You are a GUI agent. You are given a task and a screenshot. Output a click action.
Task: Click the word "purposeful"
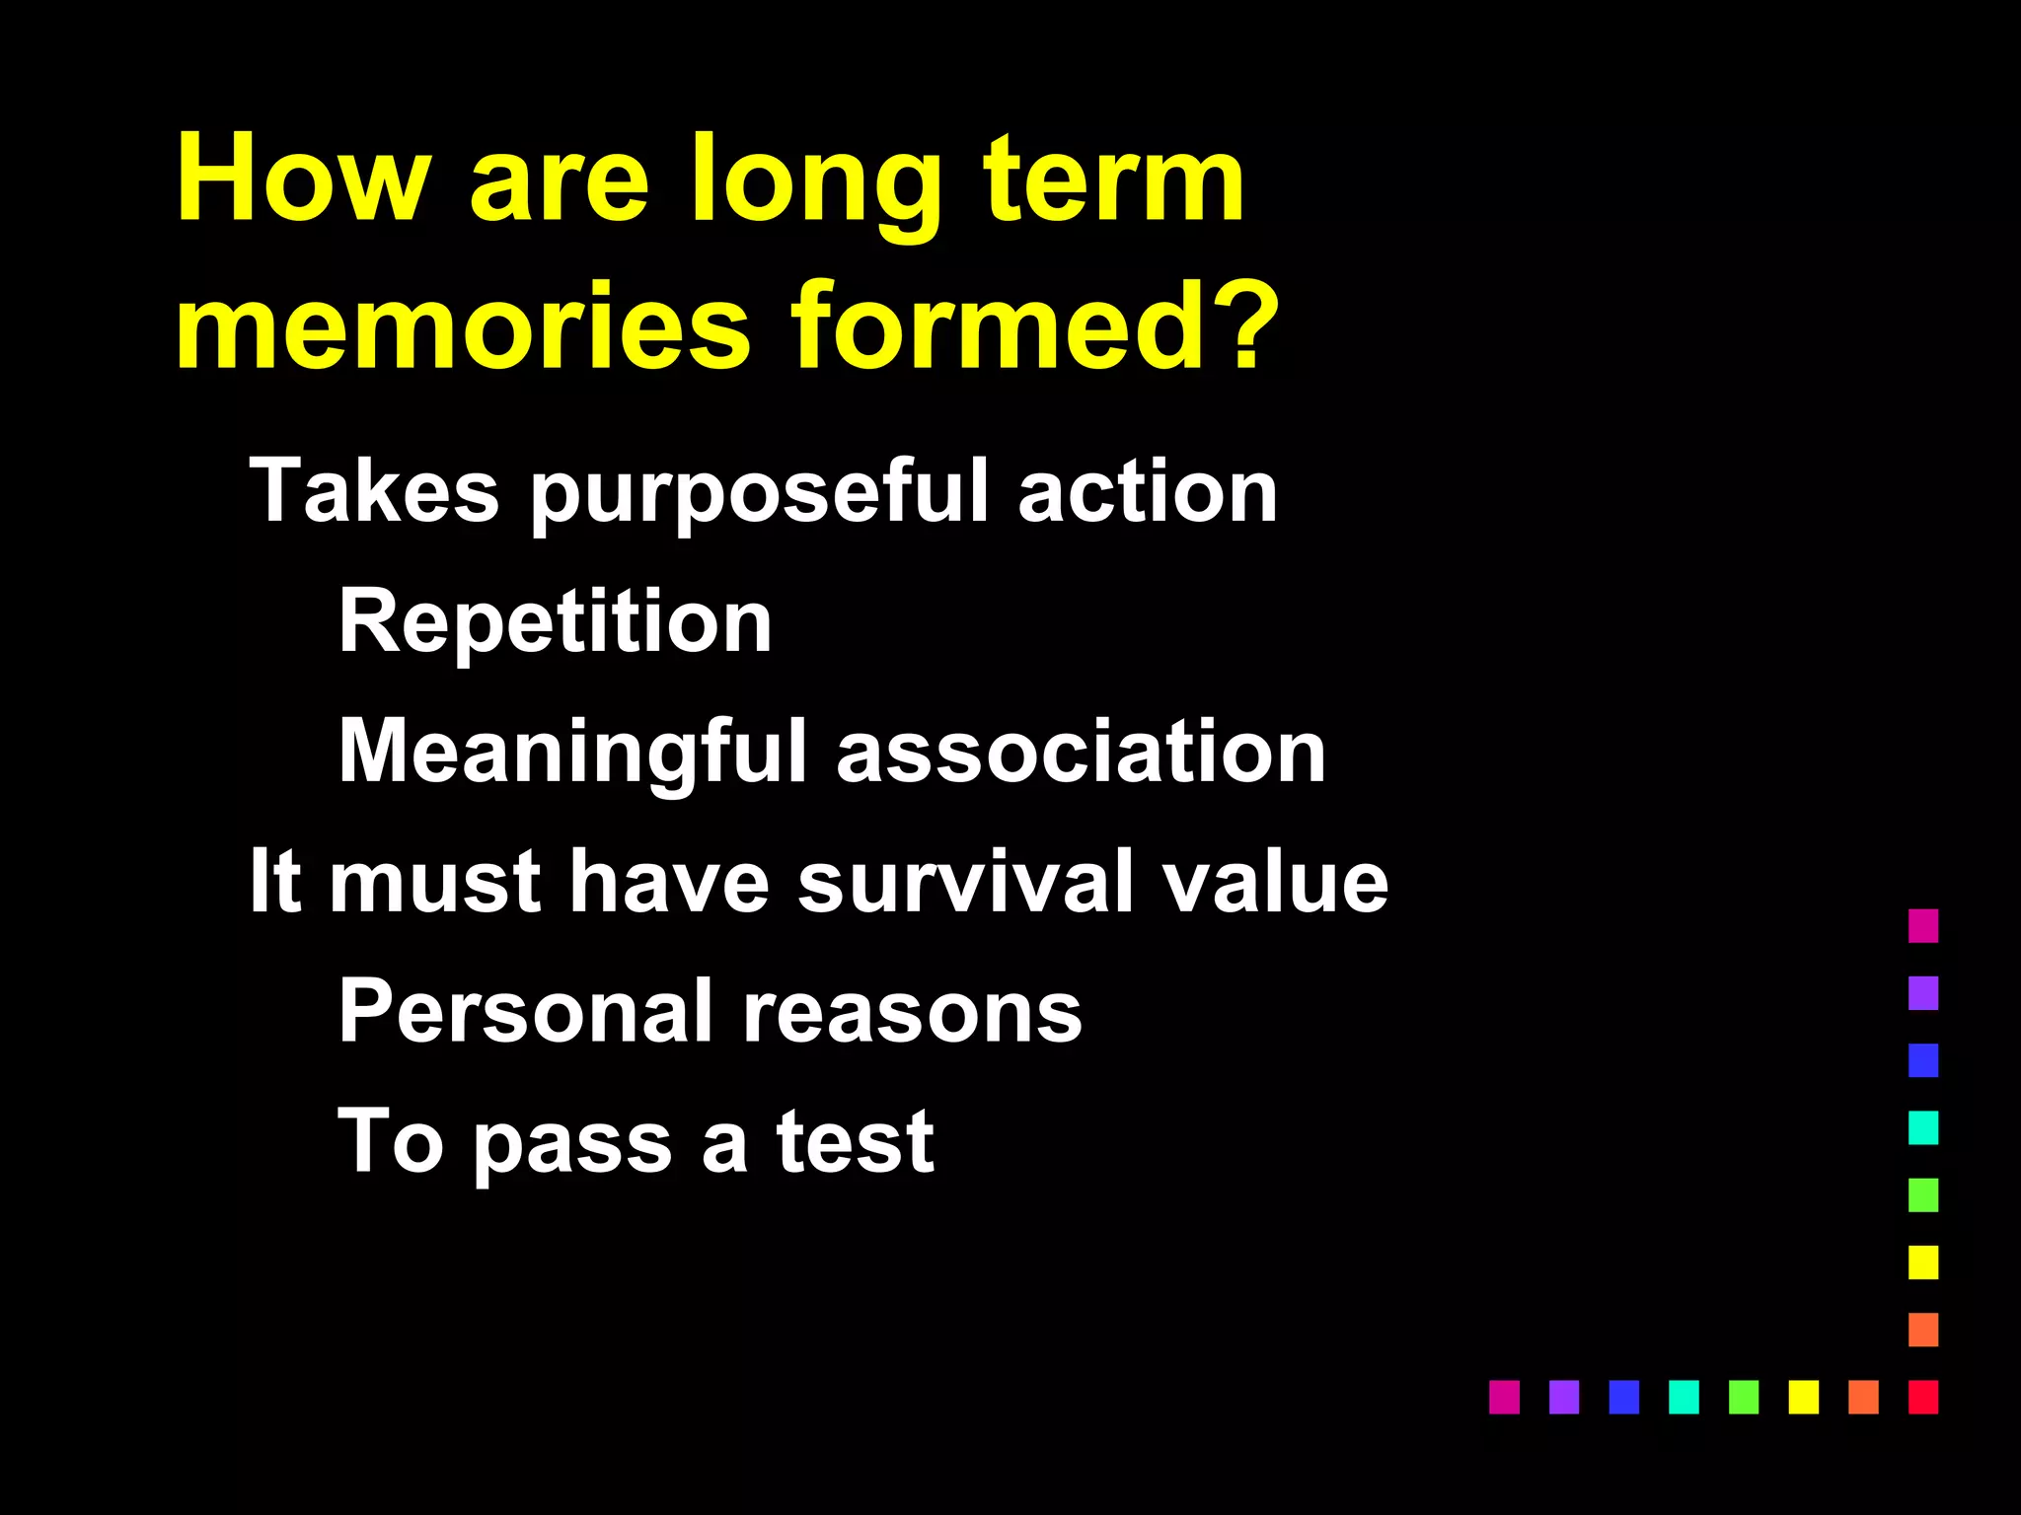point(758,493)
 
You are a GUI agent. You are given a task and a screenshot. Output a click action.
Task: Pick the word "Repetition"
point(555,621)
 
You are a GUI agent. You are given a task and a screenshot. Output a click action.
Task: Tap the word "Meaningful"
point(573,753)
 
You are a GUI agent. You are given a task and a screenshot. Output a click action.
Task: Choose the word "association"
point(1081,752)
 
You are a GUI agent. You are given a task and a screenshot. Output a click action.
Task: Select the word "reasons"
point(912,1013)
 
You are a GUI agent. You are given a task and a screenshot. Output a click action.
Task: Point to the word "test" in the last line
point(855,1141)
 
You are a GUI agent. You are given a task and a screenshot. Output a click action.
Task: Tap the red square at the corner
point(1922,1397)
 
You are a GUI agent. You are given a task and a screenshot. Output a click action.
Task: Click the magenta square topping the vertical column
point(1922,925)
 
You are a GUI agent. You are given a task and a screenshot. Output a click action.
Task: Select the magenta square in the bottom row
point(1504,1397)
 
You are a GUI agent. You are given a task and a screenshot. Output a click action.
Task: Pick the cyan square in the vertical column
point(1922,1127)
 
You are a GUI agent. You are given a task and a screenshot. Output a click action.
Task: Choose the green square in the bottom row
point(1744,1397)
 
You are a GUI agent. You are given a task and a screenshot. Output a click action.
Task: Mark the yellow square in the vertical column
point(1922,1262)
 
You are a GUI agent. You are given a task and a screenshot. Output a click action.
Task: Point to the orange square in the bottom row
point(1863,1397)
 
